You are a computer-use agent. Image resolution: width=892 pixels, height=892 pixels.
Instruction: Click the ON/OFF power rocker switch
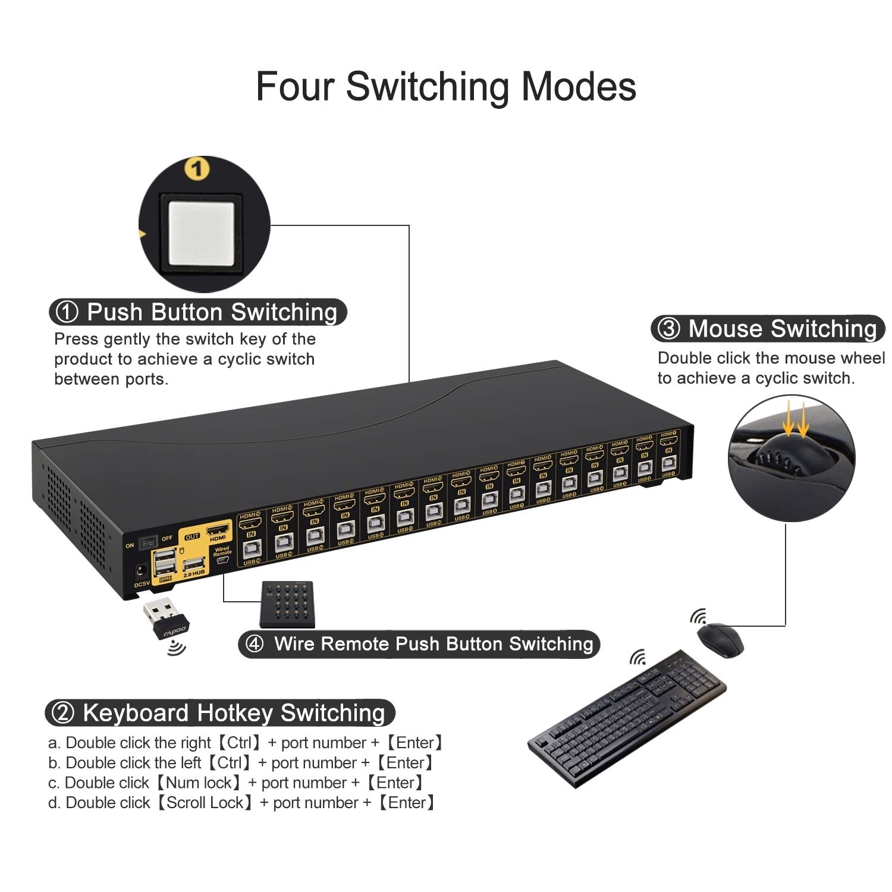[x=147, y=542]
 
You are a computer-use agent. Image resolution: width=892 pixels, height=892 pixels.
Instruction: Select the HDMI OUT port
[x=217, y=529]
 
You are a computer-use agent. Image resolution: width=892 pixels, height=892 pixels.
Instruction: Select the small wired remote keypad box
[x=287, y=604]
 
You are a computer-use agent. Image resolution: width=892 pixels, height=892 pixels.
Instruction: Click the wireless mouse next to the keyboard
[x=720, y=639]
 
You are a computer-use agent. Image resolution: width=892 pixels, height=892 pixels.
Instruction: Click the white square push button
[x=203, y=233]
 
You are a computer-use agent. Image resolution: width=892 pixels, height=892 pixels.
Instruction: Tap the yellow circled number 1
[x=197, y=169]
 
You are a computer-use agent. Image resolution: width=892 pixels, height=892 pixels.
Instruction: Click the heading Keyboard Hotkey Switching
[x=220, y=712]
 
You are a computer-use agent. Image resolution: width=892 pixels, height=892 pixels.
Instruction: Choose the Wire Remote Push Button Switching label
[x=419, y=644]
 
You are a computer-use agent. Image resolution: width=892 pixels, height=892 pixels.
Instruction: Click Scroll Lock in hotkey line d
[x=205, y=803]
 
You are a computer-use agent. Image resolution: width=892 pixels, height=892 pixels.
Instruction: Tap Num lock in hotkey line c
[x=199, y=783]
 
